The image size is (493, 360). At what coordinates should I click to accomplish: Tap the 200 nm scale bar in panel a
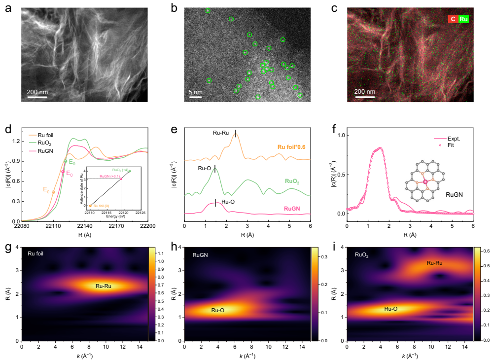tap(36, 96)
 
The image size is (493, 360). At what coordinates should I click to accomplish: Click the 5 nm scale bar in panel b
tap(196, 96)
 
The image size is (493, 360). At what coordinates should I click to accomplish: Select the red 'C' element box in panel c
tap(452, 19)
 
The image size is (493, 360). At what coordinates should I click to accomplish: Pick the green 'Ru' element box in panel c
tap(463, 19)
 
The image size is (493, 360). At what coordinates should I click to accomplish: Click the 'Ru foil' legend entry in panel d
tap(49, 135)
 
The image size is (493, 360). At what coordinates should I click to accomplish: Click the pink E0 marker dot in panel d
tap(63, 172)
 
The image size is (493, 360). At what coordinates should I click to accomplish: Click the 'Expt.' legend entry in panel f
tap(444, 139)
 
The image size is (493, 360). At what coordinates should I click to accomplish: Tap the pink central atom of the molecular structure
tap(425, 182)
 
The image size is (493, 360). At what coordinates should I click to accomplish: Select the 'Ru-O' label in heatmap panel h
tap(218, 310)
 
